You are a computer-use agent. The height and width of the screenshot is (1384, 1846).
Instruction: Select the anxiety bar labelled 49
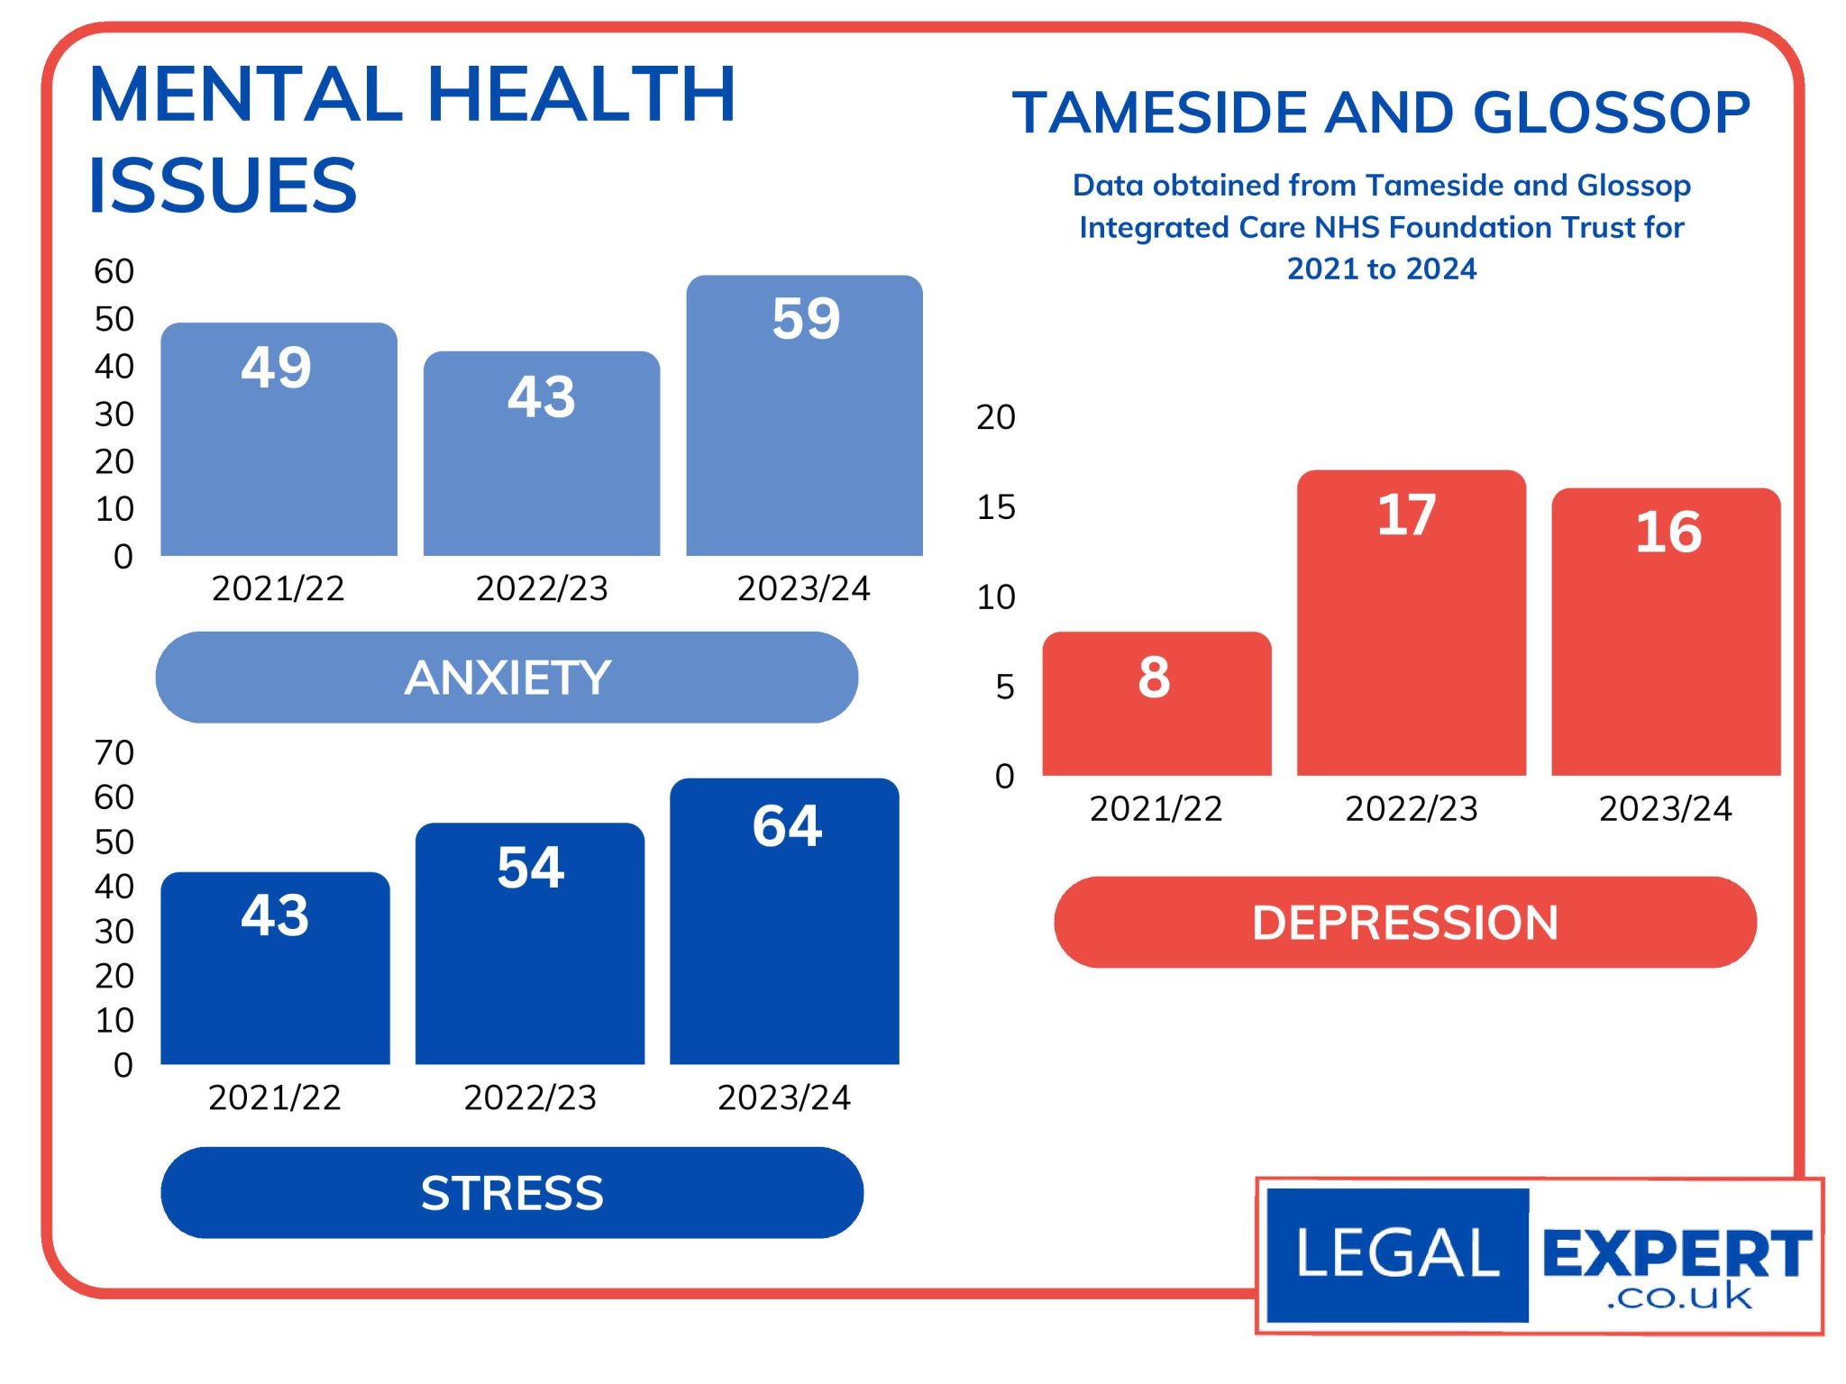point(279,440)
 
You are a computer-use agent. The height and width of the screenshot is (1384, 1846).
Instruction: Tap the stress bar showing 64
point(784,922)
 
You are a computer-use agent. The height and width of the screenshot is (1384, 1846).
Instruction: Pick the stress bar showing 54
point(530,943)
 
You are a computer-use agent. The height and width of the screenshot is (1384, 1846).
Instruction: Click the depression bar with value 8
point(1156,704)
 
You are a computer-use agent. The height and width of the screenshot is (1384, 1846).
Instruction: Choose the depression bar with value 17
point(1411,623)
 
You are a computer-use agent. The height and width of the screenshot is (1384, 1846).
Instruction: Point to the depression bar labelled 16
point(1666,632)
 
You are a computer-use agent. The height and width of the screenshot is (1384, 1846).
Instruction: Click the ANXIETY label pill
point(507,678)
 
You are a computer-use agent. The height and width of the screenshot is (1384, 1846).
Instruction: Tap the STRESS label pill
point(512,1193)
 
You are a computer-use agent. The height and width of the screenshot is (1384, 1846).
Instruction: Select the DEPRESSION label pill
point(1404,923)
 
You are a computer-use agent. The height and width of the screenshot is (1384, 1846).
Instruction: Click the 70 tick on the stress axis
point(114,752)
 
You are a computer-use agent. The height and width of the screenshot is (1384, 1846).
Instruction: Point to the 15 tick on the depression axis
point(996,507)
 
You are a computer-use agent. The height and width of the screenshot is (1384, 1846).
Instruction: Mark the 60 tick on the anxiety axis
point(114,271)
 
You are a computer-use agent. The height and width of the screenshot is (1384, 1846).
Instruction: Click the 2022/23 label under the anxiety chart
point(542,588)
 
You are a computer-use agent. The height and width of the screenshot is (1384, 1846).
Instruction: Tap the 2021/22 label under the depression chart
point(1156,808)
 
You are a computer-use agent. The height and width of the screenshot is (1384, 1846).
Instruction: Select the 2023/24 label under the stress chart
point(783,1097)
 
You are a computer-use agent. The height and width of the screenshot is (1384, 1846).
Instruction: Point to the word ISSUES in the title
point(223,186)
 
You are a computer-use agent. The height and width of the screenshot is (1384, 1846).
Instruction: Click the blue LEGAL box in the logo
point(1397,1254)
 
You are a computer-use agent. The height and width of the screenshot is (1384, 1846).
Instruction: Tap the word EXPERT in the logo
point(1676,1252)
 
